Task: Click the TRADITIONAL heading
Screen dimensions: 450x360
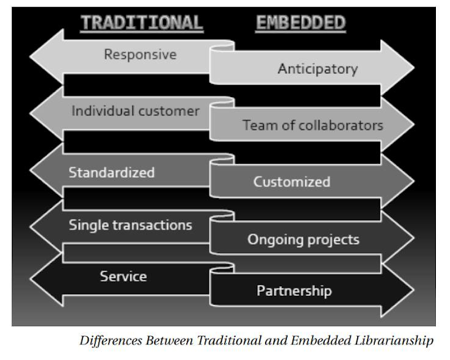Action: point(141,23)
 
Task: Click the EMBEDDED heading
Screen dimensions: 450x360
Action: point(300,23)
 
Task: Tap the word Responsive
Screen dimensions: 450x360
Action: point(140,54)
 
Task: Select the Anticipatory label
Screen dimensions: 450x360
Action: point(317,69)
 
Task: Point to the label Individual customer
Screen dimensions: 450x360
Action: point(136,111)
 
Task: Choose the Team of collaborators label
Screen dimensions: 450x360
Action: point(313,126)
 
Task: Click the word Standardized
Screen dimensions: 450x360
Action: point(112,172)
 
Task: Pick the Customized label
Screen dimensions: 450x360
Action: point(292,181)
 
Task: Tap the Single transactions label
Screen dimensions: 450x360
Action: point(131,225)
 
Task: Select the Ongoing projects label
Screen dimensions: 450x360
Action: point(303,240)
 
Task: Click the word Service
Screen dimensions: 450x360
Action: point(123,276)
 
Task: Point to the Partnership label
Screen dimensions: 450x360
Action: point(294,290)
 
